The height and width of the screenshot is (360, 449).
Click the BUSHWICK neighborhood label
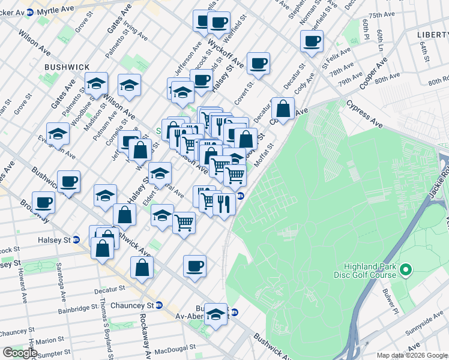(x=67, y=67)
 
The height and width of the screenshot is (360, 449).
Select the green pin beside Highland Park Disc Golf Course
(x=405, y=271)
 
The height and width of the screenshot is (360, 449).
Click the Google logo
(x=20, y=353)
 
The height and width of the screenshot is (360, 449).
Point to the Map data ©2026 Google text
(x=411, y=355)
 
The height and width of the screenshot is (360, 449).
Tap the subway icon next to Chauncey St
(x=158, y=305)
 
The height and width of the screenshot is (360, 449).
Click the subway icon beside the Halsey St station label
(x=76, y=240)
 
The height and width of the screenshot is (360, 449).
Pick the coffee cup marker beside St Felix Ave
(x=312, y=42)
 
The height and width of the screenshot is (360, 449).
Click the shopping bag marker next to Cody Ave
(x=283, y=109)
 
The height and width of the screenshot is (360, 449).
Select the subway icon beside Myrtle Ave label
(x=26, y=17)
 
